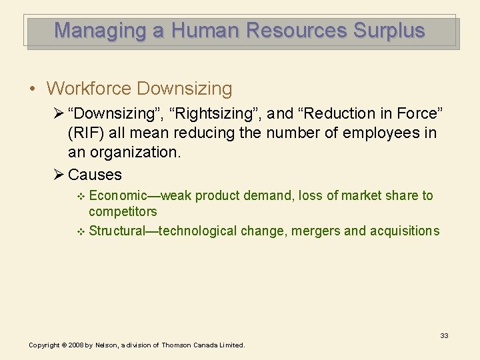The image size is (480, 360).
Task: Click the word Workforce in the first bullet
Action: [89, 89]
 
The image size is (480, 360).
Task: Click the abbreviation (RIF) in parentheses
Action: [85, 133]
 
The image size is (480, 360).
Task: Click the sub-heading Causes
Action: [95, 175]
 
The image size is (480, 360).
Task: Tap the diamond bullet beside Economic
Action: [81, 196]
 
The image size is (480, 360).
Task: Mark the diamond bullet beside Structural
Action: [81, 231]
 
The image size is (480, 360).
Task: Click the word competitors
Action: [123, 212]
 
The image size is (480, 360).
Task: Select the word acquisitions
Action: [405, 231]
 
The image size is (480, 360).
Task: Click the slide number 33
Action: [444, 335]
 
